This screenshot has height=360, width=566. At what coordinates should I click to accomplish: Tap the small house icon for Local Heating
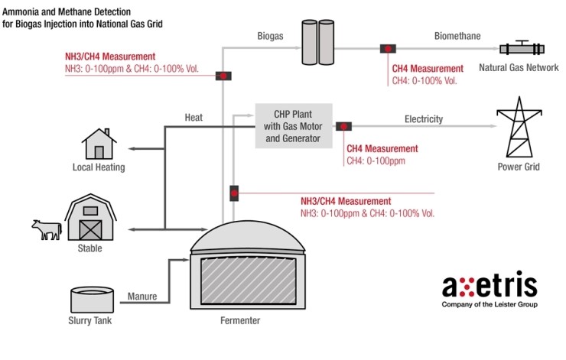coord(99,144)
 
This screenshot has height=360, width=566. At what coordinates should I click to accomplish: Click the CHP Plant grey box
coord(294,125)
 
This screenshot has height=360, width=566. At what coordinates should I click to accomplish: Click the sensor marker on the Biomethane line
coord(388,49)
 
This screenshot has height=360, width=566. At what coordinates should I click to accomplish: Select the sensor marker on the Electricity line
coord(343,126)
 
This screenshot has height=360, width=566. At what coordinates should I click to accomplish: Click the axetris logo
coord(490,287)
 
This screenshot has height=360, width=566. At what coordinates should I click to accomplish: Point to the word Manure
coord(142,296)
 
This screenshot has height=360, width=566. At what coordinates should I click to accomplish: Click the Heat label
coord(194,118)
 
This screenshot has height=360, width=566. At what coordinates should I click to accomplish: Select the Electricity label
coord(423,119)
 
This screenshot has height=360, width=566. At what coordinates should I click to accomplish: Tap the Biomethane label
coord(458,36)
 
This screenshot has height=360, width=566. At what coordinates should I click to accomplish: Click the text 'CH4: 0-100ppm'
coord(376,161)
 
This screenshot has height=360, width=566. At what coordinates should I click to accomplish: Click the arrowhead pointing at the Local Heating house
coord(132,148)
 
